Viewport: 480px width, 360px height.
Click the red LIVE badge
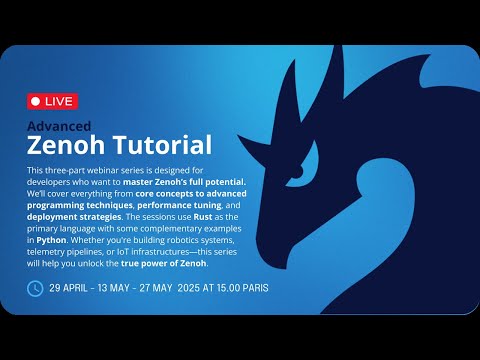(52, 102)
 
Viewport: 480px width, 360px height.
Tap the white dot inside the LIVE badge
(35, 102)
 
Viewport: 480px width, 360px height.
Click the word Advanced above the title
(58, 127)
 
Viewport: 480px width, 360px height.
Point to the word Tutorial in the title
(162, 146)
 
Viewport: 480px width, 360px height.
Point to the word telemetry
(51, 254)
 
